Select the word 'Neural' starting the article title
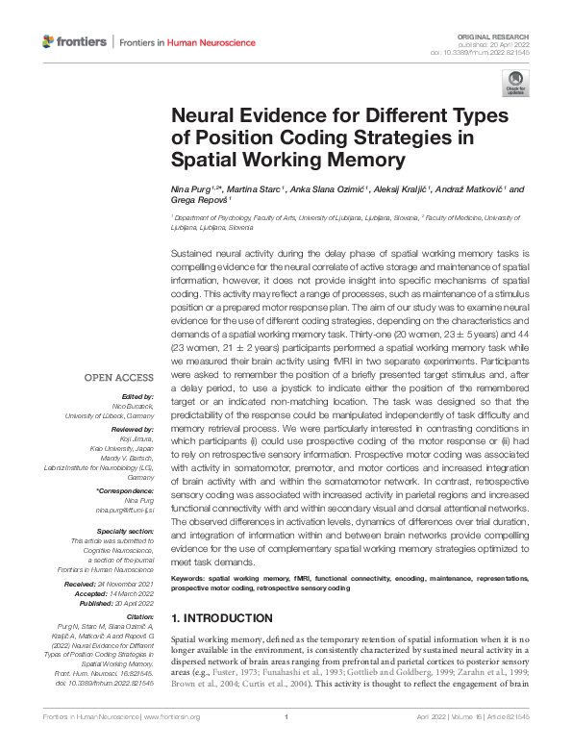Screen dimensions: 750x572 (200, 115)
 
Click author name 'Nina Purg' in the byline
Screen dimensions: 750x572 (188, 189)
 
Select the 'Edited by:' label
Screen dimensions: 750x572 (138, 396)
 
